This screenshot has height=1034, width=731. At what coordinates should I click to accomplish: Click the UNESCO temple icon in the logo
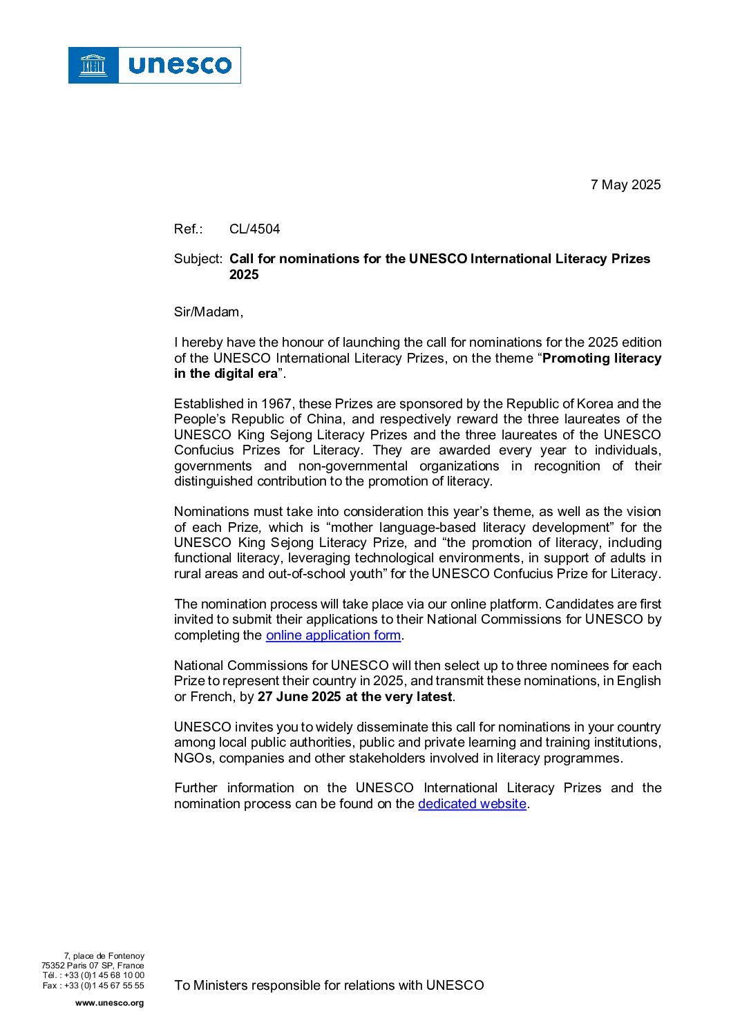tap(93, 66)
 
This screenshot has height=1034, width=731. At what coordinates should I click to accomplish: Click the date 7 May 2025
tap(625, 185)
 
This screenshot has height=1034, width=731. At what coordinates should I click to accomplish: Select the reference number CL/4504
tap(254, 229)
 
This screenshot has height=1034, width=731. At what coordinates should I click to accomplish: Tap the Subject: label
tap(198, 259)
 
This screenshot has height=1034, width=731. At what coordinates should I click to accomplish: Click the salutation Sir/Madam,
tap(209, 312)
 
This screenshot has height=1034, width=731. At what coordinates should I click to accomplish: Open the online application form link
tap(333, 635)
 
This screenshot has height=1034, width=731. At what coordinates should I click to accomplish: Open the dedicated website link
tap(472, 804)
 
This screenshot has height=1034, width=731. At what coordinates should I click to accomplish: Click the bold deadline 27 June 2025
tap(299, 697)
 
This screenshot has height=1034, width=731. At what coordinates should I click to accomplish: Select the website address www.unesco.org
tap(109, 1003)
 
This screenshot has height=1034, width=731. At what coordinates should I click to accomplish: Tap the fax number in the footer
tap(93, 986)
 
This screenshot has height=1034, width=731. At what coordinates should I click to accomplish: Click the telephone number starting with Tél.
tap(93, 975)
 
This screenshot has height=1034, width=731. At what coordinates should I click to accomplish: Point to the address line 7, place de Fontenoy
tap(104, 956)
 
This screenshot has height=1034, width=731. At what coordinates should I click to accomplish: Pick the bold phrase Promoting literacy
tap(602, 358)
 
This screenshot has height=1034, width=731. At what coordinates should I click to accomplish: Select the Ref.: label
tap(188, 229)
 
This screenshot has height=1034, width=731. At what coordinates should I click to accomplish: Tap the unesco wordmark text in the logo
tap(180, 66)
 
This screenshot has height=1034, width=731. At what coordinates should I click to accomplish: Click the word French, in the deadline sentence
tap(212, 697)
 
